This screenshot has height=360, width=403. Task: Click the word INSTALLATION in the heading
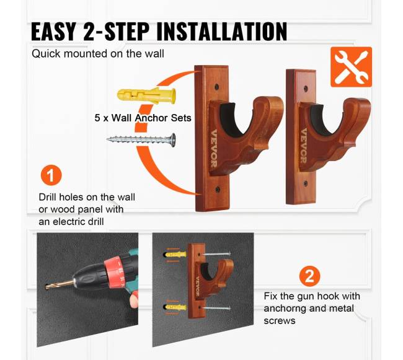pyautogui.click(x=222, y=32)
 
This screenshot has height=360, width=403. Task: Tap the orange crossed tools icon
pyautogui.click(x=351, y=67)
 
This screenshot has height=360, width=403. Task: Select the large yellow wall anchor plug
pyautogui.click(x=146, y=96)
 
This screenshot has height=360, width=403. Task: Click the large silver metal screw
pyautogui.click(x=141, y=139)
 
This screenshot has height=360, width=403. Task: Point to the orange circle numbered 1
pyautogui.click(x=51, y=175)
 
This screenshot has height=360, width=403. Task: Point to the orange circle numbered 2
pyautogui.click(x=310, y=276)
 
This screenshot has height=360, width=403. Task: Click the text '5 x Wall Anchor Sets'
pyautogui.click(x=143, y=118)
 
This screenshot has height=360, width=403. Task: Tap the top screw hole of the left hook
pyautogui.click(x=217, y=87)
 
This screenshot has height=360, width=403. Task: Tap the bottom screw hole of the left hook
pyautogui.click(x=218, y=190)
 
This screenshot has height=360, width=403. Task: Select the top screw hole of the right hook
pyautogui.click(x=306, y=89)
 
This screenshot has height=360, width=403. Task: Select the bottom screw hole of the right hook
pyautogui.click(x=306, y=183)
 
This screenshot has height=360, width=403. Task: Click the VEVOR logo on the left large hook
pyautogui.click(x=213, y=149)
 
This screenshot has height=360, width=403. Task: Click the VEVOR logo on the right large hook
pyautogui.click(x=304, y=146)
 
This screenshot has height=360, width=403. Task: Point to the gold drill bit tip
pyautogui.click(x=46, y=286)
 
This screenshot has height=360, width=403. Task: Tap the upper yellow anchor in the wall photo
pyautogui.click(x=175, y=255)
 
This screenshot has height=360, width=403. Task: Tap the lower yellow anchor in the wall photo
pyautogui.click(x=175, y=307)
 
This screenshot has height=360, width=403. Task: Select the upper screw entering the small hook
pyautogui.click(x=216, y=254)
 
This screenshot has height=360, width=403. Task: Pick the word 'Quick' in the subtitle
pyautogui.click(x=46, y=54)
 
